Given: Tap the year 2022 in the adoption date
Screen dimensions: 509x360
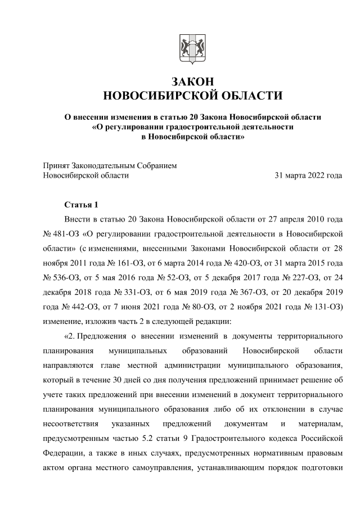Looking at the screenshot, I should coord(314,175).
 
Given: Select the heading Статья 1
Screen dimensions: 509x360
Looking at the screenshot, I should coord(82,204).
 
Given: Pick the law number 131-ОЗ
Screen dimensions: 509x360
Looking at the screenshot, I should coord(325,307).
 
